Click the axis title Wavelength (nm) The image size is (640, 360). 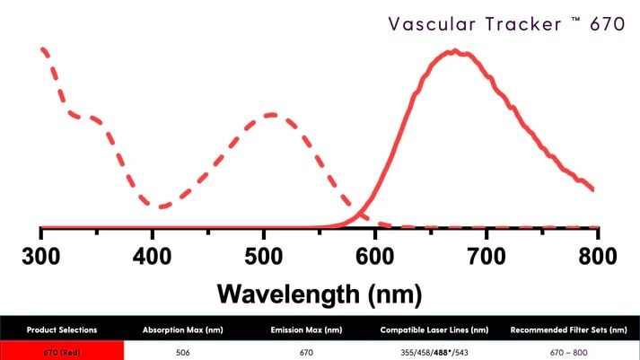[x=320, y=294]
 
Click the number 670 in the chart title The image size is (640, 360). [x=607, y=24]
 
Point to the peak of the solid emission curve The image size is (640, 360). [x=458, y=52]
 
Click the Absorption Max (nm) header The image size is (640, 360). [x=183, y=329]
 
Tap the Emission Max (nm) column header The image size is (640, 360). [x=306, y=329]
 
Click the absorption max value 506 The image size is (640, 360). [x=183, y=351]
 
